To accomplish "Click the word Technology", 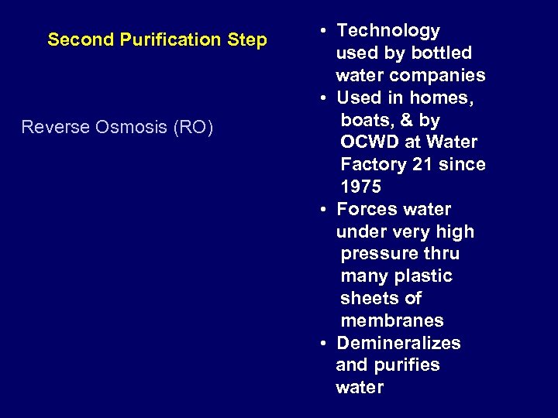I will click(x=388, y=31).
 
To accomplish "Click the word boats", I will click(x=364, y=121).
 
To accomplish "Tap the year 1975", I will click(x=361, y=187).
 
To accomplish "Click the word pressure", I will click(x=377, y=254).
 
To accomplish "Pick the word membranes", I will click(x=392, y=320).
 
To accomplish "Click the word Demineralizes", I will click(x=398, y=343).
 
